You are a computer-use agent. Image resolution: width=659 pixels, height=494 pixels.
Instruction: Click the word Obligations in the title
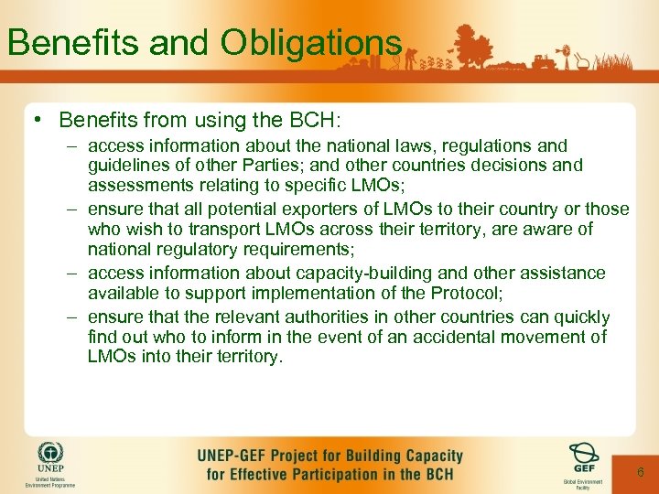[x=310, y=41]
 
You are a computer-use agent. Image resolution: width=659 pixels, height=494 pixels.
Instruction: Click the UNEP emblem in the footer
[x=51, y=456]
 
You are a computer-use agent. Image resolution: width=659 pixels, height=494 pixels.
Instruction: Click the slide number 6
[x=641, y=472]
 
